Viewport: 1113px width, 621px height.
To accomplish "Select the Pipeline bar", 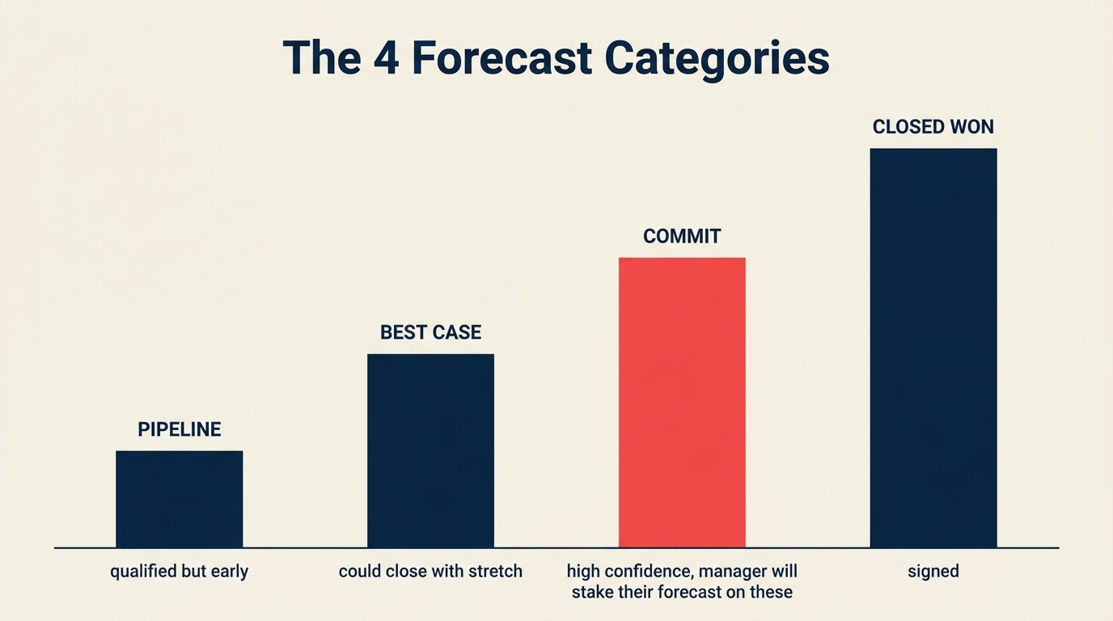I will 179,499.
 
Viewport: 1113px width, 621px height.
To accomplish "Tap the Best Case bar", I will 430,450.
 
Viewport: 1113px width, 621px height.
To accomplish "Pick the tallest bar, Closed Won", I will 933,348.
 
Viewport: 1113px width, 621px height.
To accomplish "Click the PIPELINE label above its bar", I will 179,429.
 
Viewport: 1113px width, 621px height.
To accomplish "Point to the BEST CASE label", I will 430,332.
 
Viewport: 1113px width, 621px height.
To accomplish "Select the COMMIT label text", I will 682,236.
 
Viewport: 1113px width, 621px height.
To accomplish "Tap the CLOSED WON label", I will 933,127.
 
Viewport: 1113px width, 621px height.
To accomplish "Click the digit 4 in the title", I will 385,58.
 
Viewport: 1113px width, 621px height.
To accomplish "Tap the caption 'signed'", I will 933,572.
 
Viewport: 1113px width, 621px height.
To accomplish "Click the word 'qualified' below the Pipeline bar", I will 143,572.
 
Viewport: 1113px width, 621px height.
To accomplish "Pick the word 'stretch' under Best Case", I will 493,572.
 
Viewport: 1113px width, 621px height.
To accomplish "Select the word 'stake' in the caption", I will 592,592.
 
